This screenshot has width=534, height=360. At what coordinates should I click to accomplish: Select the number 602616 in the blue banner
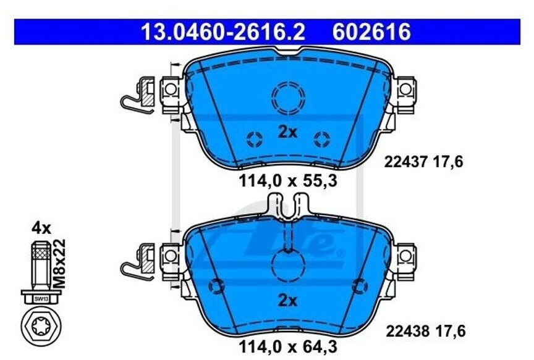tap(371, 31)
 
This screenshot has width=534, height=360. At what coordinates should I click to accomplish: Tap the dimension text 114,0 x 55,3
tap(290, 182)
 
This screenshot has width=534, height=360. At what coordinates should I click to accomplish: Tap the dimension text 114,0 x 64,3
tap(290, 347)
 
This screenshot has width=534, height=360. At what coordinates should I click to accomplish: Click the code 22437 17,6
tap(423, 162)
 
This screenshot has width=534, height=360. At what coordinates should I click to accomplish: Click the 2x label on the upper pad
tap(287, 132)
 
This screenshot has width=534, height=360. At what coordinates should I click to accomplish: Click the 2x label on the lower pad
tap(287, 301)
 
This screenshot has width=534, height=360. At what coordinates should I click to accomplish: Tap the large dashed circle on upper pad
tap(289, 97)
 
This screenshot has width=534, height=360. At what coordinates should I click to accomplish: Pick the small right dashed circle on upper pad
tap(322, 139)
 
